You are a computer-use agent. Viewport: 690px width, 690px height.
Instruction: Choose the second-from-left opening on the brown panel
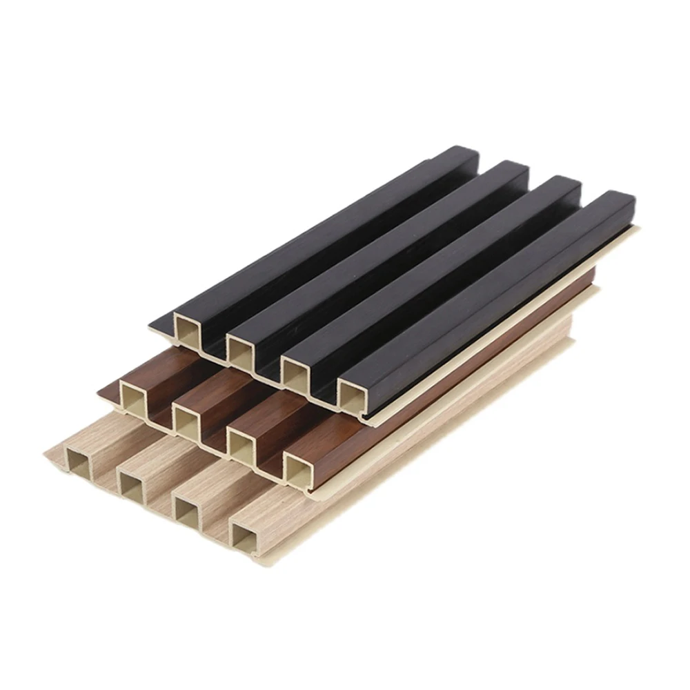pos(186,417)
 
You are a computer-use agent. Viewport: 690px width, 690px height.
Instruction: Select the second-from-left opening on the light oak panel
pos(130,485)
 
